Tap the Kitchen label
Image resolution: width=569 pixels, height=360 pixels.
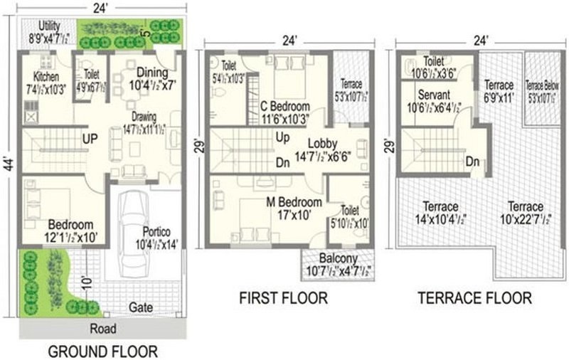pos(44,76)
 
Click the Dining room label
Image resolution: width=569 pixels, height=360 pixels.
pos(151,72)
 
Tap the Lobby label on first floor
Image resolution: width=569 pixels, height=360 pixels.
pos(322,141)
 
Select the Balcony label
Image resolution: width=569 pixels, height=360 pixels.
pos(337,258)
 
